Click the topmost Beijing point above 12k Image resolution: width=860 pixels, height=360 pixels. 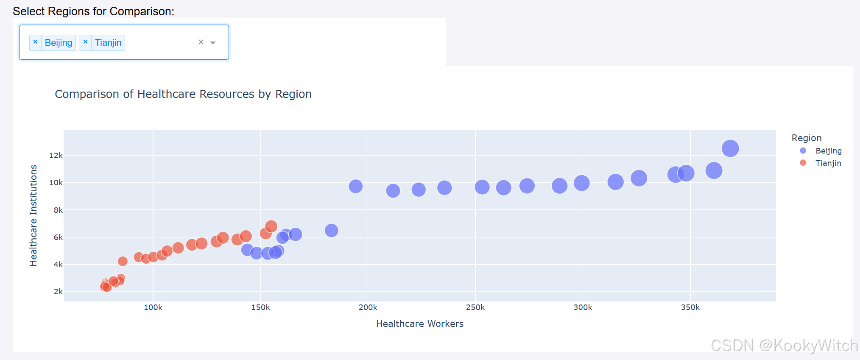(x=730, y=148)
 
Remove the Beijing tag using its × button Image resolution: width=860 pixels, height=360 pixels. (x=36, y=42)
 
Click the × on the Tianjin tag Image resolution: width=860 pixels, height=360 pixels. (x=85, y=42)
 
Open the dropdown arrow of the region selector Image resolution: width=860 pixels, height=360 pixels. (x=213, y=43)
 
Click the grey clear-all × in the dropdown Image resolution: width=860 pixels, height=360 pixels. (x=201, y=42)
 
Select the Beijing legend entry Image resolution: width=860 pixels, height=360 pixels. (x=828, y=151)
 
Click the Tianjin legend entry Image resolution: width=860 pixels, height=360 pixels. (x=828, y=163)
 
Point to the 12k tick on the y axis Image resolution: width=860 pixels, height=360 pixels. (x=56, y=156)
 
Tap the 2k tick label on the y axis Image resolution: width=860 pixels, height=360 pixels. (x=58, y=292)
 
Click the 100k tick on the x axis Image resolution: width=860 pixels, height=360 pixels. (x=153, y=307)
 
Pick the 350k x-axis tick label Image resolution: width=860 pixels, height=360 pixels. (x=690, y=307)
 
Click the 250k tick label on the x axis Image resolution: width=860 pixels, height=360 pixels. (x=475, y=307)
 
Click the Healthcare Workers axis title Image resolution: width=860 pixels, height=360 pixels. (x=419, y=324)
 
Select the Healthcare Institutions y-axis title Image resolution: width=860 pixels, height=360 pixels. (x=33, y=215)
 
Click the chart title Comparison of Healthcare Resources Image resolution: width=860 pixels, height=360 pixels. (x=183, y=94)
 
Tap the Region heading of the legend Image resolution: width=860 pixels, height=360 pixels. (x=806, y=138)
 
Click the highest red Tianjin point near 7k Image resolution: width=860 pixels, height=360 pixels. (x=271, y=226)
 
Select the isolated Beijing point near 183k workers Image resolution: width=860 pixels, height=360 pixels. (x=331, y=230)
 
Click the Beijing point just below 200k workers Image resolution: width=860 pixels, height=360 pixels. (x=355, y=186)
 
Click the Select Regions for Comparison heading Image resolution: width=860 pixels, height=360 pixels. (x=93, y=11)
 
